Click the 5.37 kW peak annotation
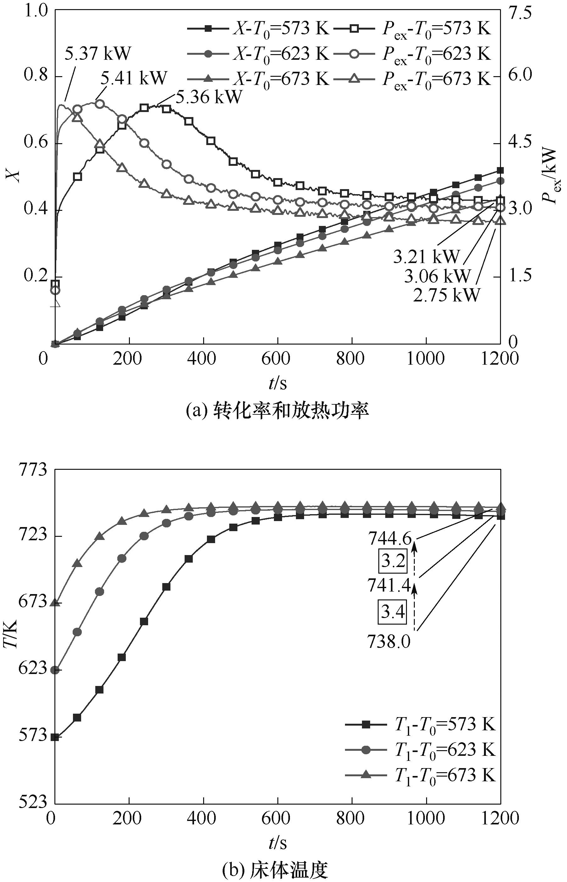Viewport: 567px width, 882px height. tap(97, 53)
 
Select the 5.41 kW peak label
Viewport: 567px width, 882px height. tap(134, 77)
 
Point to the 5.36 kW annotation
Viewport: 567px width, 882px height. tap(209, 97)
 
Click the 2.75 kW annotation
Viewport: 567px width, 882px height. tap(447, 295)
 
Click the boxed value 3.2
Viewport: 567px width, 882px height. tap(393, 561)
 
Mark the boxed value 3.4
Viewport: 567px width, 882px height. tap(393, 612)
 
